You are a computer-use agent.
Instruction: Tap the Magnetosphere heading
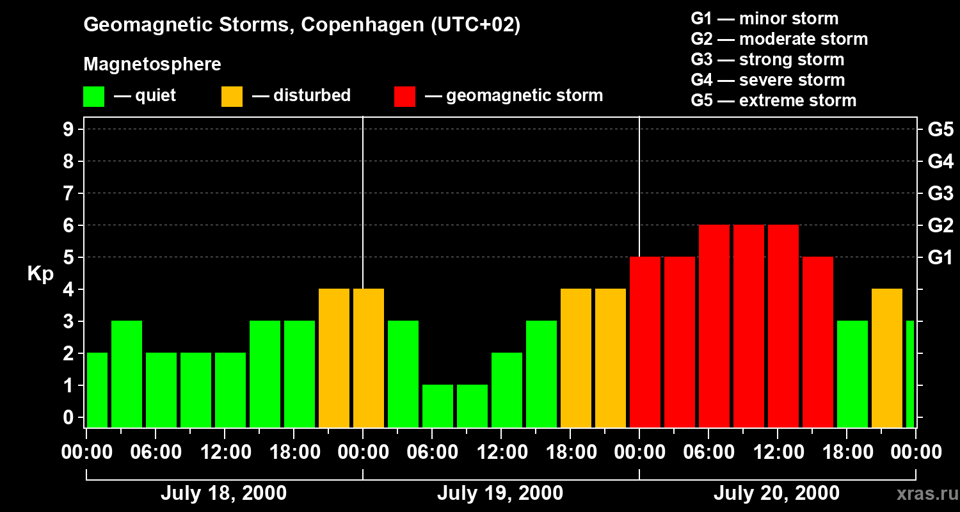pos(152,65)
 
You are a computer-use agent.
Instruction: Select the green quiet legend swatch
pos(93,96)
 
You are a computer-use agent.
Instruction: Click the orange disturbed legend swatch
pos(232,96)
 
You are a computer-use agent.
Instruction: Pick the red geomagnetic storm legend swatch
pos(405,96)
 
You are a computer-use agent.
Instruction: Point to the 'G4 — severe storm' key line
pos(767,80)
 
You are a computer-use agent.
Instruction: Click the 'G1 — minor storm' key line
pos(764,19)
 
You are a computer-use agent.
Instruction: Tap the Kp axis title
pos(40,274)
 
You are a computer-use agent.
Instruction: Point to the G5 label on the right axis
pos(940,130)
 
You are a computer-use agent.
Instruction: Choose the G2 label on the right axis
pos(940,226)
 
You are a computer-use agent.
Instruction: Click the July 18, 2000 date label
pos(223,493)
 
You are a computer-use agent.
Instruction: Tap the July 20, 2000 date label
pos(776,493)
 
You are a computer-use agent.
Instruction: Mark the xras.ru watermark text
pos(924,493)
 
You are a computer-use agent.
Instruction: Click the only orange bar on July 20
pos(887,358)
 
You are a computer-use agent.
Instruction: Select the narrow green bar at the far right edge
pos(910,374)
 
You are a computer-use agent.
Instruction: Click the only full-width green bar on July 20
pos(852,374)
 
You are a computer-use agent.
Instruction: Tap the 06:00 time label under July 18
pos(156,452)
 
